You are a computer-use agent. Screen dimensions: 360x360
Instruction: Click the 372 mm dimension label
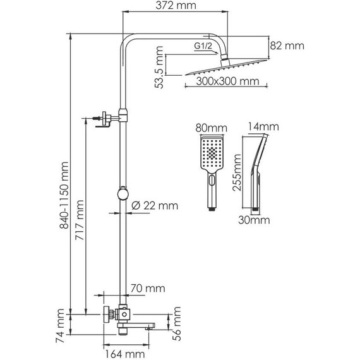coord(176,6)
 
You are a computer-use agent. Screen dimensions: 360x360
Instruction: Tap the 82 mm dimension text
coord(287,45)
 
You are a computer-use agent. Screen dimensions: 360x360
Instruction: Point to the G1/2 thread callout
coord(203,46)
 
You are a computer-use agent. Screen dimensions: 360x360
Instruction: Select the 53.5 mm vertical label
coord(159,68)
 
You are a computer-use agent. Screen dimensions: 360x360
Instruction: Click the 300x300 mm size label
coord(227,81)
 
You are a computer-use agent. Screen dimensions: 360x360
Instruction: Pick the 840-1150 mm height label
coord(64,195)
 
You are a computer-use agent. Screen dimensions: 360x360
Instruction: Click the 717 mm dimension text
coord(80,220)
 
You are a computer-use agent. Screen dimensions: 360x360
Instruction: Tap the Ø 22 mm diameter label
coord(155,205)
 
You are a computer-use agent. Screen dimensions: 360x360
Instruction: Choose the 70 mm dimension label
coord(148,289)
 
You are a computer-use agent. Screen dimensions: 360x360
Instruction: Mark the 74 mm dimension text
coord(60,325)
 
